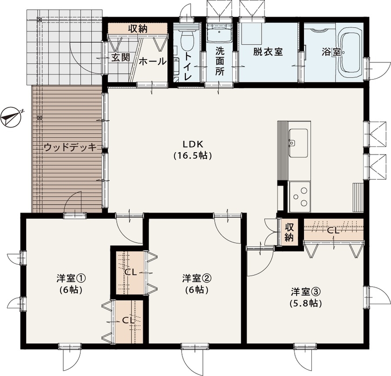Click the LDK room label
click(193, 144)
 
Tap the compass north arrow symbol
click(12, 116)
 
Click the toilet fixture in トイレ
click(187, 40)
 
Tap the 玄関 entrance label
click(120, 58)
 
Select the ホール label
click(152, 61)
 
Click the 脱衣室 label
click(268, 52)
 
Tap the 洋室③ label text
click(306, 292)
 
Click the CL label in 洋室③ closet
click(333, 230)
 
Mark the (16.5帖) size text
click(193, 156)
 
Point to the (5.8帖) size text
click(306, 303)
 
